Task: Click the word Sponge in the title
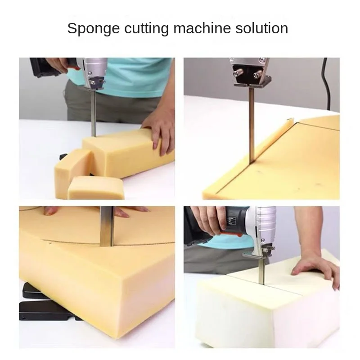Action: pyautogui.click(x=94, y=29)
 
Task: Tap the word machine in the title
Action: pyautogui.click(x=202, y=28)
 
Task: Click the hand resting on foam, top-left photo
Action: pyautogui.click(x=158, y=133)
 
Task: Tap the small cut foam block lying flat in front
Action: pyautogui.click(x=96, y=187)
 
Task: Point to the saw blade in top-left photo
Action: pyautogui.click(x=94, y=112)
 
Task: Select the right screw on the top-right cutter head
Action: pyautogui.click(x=258, y=75)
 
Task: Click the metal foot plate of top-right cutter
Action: pyautogui.click(x=252, y=83)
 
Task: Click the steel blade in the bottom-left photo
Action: pyautogui.click(x=107, y=226)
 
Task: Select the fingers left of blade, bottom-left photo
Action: pyautogui.click(x=50, y=210)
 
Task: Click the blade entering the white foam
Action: pyautogui.click(x=262, y=271)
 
